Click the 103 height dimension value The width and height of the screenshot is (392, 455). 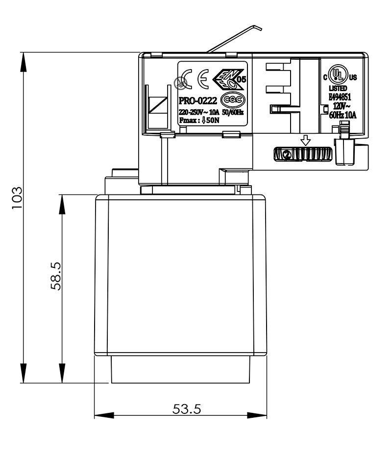tap(17, 197)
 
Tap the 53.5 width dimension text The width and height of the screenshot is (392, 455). tap(186, 408)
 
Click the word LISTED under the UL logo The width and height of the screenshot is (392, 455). tap(338, 88)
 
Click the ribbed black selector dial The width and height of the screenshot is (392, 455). tap(302, 154)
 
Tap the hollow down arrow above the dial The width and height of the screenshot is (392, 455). tap(306, 141)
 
